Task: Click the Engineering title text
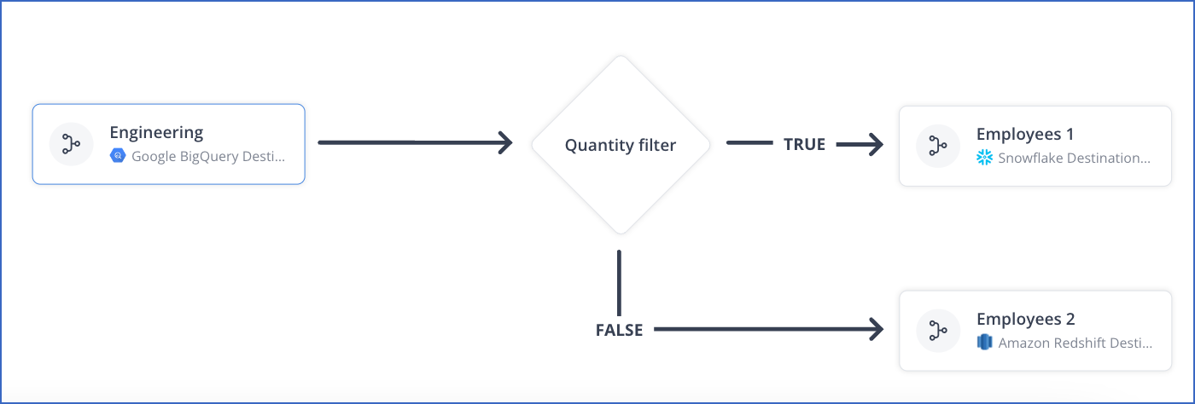[156, 132]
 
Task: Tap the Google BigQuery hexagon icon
[117, 157]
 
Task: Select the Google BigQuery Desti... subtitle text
[208, 157]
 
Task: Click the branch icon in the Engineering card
[71, 144]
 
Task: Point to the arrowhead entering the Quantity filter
[504, 142]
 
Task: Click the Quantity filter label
[620, 145]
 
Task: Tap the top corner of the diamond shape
[621, 58]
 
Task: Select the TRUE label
[804, 145]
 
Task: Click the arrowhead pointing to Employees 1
[874, 145]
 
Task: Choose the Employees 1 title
[1024, 134]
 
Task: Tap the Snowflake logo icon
[984, 158]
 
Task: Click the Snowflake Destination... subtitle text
[1074, 158]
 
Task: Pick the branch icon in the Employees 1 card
[937, 146]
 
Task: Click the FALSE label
[619, 330]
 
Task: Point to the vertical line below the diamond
[619, 283]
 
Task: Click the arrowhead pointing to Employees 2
[873, 328]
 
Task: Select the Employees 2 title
[1025, 319]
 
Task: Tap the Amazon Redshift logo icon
[984, 343]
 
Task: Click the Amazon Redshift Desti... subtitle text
[1075, 343]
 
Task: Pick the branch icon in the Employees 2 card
[937, 331]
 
